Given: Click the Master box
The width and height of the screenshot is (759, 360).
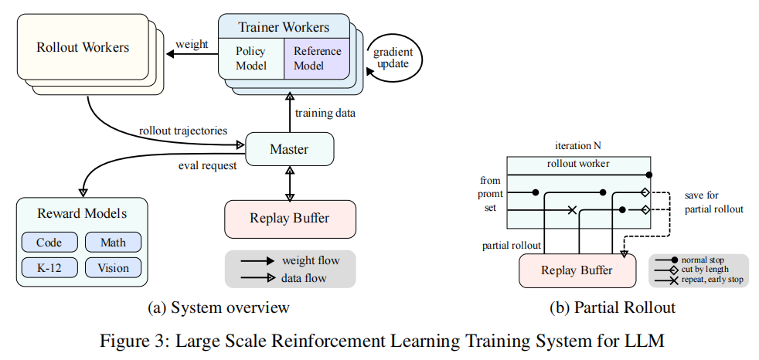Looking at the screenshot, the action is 290,149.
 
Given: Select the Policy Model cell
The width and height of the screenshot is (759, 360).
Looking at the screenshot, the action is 250,58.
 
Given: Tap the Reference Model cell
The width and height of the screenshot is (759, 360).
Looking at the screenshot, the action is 317,58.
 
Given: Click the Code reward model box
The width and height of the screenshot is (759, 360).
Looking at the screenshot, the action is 49,242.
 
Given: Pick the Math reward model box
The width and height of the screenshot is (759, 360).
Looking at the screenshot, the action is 114,242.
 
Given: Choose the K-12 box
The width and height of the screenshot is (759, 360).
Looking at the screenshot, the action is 49,267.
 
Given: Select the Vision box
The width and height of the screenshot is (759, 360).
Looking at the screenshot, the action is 114,267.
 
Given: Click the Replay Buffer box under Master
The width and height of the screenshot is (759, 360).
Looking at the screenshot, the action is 290,218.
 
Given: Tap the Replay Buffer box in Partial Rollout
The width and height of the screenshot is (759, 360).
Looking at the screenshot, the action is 577,270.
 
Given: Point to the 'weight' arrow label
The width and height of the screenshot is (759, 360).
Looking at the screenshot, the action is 192,45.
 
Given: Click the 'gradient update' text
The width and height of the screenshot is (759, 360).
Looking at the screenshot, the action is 393,58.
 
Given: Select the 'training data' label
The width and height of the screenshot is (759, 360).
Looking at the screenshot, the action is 325,114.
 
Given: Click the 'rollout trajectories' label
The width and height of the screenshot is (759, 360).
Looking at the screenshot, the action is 183,130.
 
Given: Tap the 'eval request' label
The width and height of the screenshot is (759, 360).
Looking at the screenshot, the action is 208,165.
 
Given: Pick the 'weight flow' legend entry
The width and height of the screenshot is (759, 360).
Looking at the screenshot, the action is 291,261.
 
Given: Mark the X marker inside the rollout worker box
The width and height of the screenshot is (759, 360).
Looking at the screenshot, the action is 572,210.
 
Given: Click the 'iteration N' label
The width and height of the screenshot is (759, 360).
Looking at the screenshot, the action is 578,146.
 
